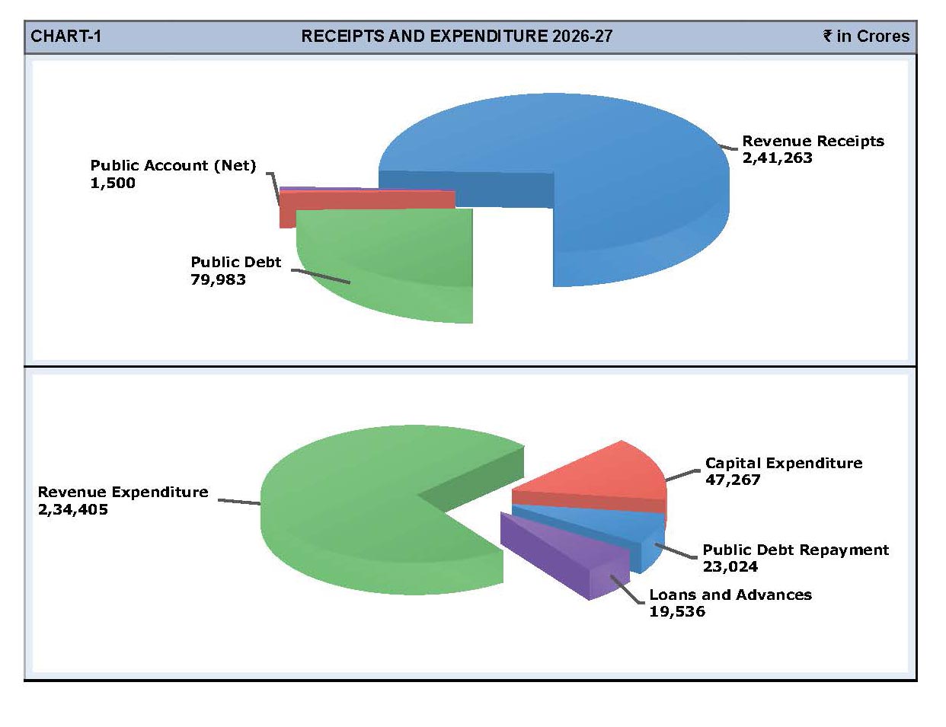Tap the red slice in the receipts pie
pyautogui.click(x=366, y=199)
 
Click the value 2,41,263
pyautogui.click(x=777, y=158)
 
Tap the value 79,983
pyautogui.click(x=218, y=279)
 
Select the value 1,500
pyautogui.click(x=113, y=183)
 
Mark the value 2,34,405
pyautogui.click(x=73, y=509)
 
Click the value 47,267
pyautogui.click(x=733, y=480)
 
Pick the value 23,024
pyautogui.click(x=730, y=566)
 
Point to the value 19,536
pyautogui.click(x=677, y=611)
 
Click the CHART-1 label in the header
pyautogui.click(x=66, y=37)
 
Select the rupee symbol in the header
pyautogui.click(x=828, y=36)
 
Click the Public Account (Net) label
pyautogui.click(x=173, y=165)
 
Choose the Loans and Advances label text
pyautogui.click(x=730, y=595)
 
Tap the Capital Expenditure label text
pyautogui.click(x=784, y=463)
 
